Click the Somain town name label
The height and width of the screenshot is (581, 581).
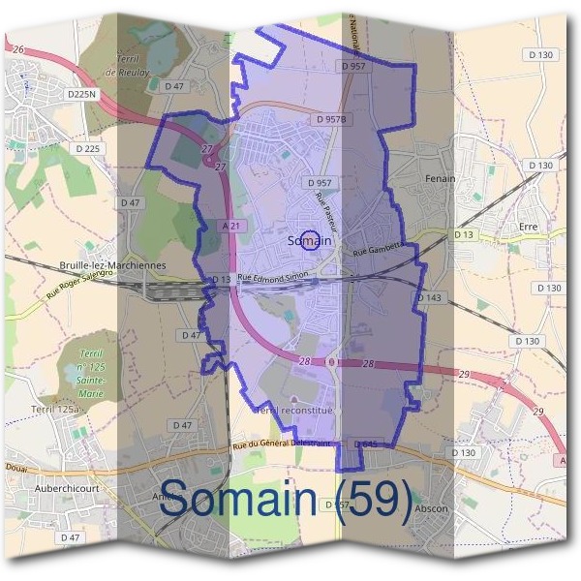310,241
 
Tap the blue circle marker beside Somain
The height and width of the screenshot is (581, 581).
310,240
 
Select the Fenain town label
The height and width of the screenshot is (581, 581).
440,180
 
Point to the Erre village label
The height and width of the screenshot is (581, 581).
528,227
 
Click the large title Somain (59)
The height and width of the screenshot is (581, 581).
286,500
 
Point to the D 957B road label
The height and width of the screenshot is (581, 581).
331,119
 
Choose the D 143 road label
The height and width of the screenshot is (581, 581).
428,297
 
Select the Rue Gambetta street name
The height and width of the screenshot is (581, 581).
377,251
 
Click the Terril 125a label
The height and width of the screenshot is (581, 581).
51,411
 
